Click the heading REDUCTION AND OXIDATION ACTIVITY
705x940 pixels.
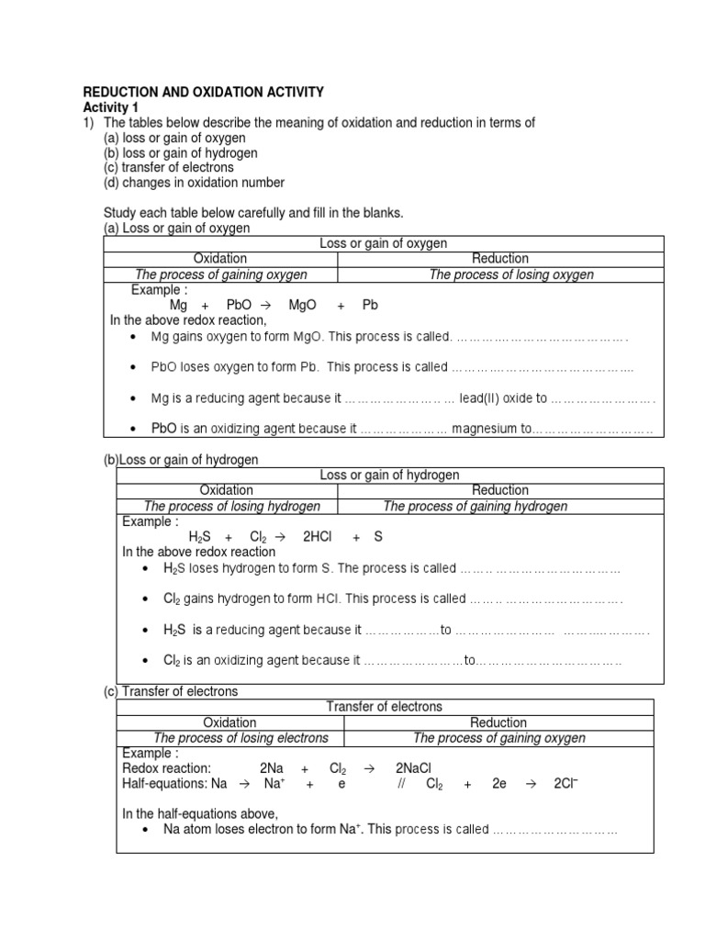tap(204, 92)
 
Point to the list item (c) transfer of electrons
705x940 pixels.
tap(169, 168)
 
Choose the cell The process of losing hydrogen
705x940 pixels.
tap(232, 506)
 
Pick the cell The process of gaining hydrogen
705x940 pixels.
tap(475, 506)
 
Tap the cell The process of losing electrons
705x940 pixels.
tap(241, 738)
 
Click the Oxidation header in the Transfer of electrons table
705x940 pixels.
tap(229, 722)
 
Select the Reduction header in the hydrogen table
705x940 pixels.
tap(500, 490)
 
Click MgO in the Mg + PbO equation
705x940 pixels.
tap(302, 305)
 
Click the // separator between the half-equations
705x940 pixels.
tap(401, 783)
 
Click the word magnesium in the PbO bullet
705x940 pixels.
tap(490, 429)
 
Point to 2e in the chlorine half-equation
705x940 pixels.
tap(498, 783)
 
